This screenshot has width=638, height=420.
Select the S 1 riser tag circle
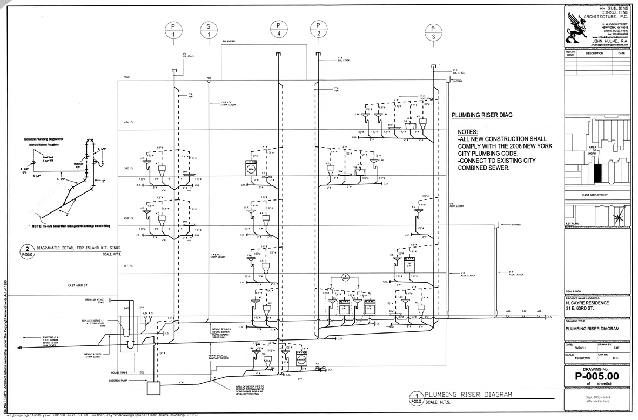(x=209, y=30)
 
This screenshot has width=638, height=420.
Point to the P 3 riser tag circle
(x=433, y=32)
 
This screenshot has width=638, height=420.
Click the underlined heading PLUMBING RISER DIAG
(x=482, y=115)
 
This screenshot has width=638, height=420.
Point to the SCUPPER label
(x=513, y=224)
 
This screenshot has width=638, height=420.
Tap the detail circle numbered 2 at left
(x=26, y=249)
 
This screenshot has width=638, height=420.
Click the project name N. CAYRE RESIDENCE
(x=588, y=303)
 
